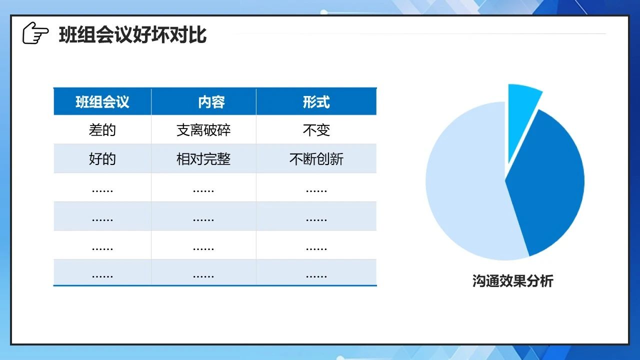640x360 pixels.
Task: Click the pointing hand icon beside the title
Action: (35, 33)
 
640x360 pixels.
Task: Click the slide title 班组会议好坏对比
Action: (132, 35)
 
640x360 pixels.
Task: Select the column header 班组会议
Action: (102, 102)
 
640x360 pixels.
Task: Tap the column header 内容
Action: (211, 102)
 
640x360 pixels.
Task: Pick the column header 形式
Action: (316, 102)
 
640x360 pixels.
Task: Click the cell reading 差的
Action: (102, 130)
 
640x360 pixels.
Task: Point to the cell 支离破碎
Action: (203, 130)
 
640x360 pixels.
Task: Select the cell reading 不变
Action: (316, 130)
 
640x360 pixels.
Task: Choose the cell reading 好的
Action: (102, 159)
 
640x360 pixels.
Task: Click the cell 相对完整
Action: (203, 159)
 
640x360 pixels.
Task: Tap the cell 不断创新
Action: (316, 159)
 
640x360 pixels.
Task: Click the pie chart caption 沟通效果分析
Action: (512, 281)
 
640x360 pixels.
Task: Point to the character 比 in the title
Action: (197, 35)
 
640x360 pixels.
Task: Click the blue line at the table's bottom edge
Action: (215, 285)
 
